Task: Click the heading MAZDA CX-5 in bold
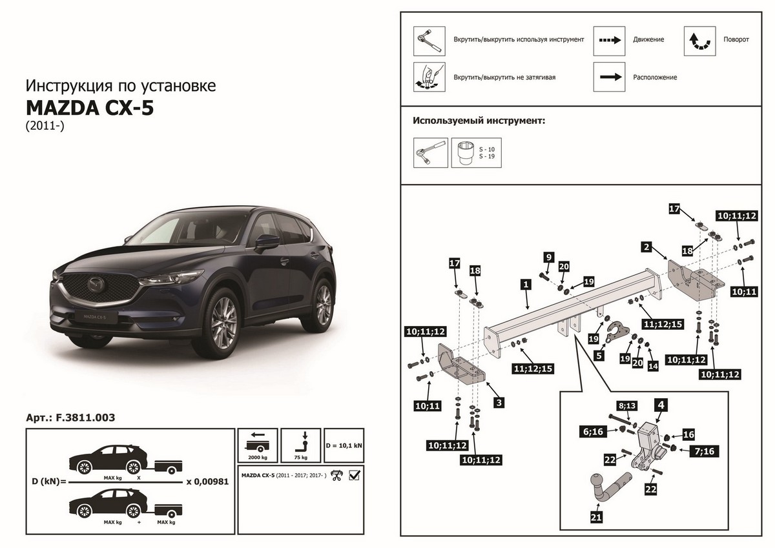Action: (x=90, y=107)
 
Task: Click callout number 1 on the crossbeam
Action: (x=526, y=283)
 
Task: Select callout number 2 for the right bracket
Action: (x=645, y=246)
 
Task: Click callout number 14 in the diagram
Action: (x=653, y=366)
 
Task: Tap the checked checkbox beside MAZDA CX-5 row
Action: (x=354, y=476)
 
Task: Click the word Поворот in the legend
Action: (x=736, y=40)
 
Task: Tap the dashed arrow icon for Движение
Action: (x=610, y=40)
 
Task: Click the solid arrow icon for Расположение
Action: (x=610, y=77)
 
